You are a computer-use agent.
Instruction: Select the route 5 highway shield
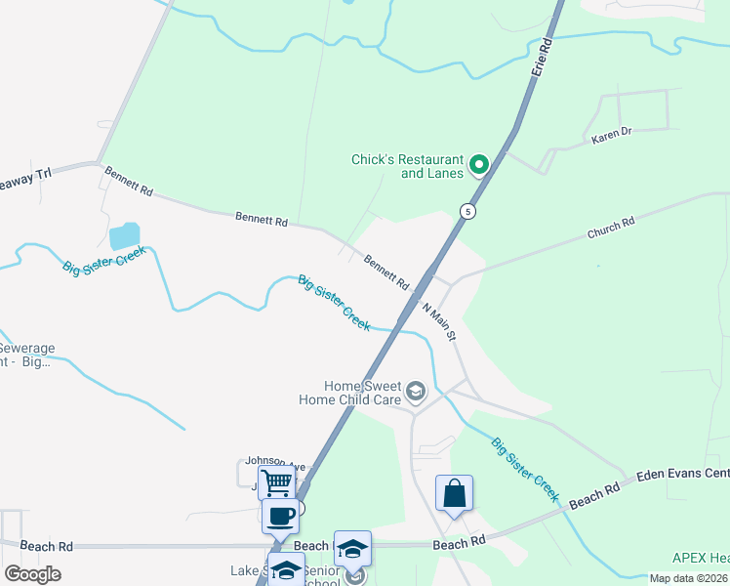(x=468, y=211)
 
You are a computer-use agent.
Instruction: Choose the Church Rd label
(x=611, y=229)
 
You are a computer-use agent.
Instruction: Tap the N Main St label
(x=438, y=321)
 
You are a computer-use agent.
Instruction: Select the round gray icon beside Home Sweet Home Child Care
(x=417, y=393)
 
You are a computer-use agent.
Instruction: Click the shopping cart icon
(x=278, y=481)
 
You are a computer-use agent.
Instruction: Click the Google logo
(x=32, y=573)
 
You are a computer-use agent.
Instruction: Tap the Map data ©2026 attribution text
(x=687, y=578)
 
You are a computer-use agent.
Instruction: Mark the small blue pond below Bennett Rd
(x=125, y=235)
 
